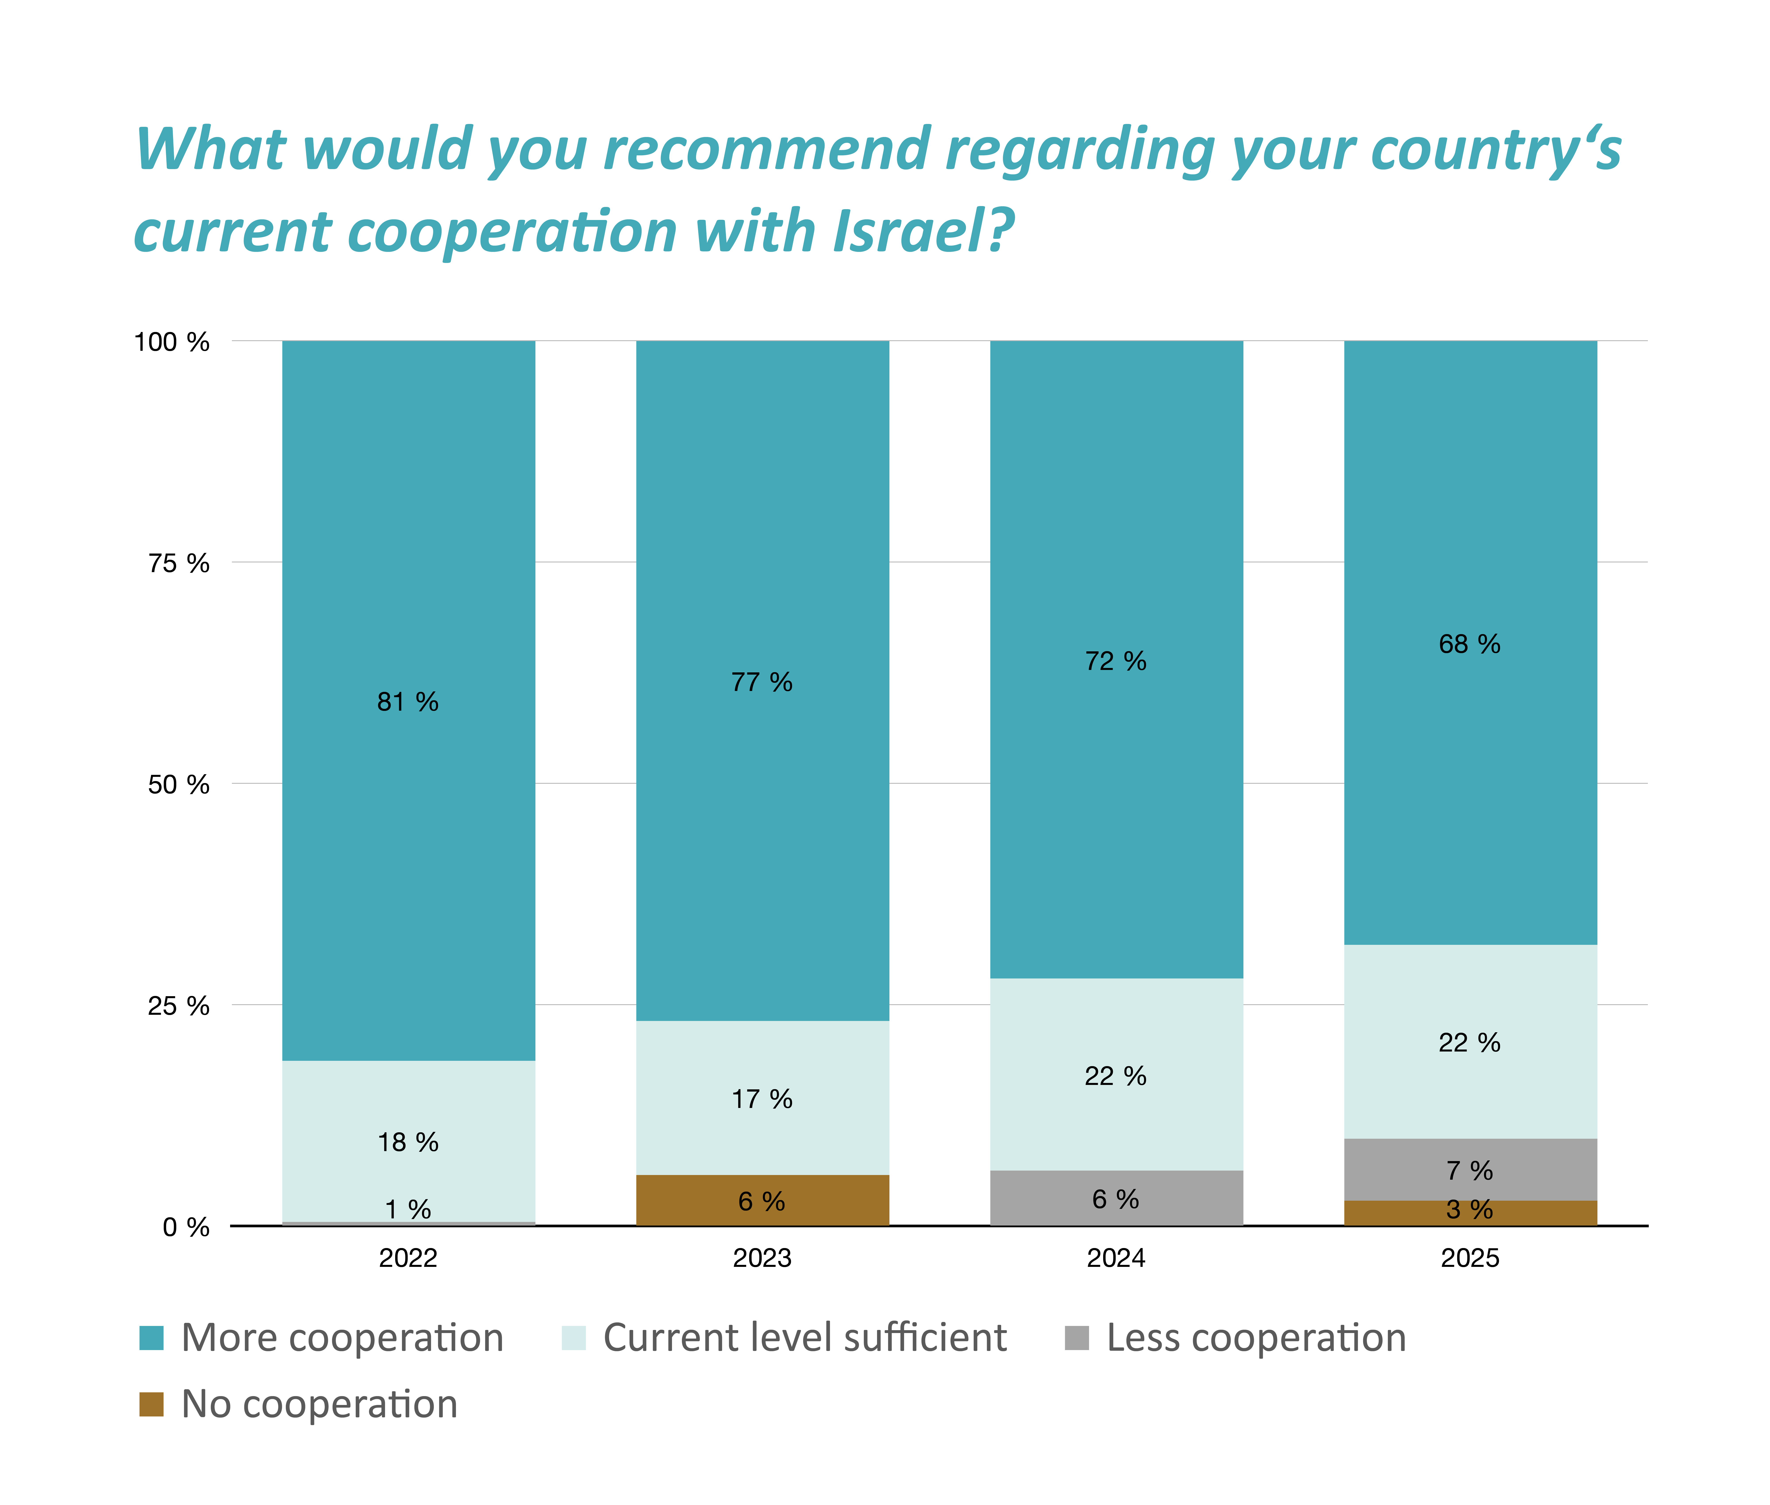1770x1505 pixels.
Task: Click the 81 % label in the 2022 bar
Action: tap(408, 702)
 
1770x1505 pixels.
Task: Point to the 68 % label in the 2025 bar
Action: tap(1469, 644)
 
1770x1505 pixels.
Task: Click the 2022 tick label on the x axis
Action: tap(408, 1258)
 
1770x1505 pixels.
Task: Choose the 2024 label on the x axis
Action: tap(1116, 1258)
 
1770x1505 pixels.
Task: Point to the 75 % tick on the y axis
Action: tap(178, 563)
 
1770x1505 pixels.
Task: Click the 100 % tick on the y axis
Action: tap(171, 342)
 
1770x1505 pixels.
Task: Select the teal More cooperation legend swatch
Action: tap(151, 1338)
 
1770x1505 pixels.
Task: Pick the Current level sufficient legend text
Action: tap(804, 1338)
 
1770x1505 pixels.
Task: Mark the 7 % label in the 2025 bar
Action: tap(1469, 1171)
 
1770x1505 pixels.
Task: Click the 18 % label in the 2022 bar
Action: tap(408, 1142)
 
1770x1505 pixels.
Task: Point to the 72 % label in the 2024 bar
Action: tap(1116, 661)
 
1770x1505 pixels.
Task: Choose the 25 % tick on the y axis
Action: tap(178, 1006)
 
